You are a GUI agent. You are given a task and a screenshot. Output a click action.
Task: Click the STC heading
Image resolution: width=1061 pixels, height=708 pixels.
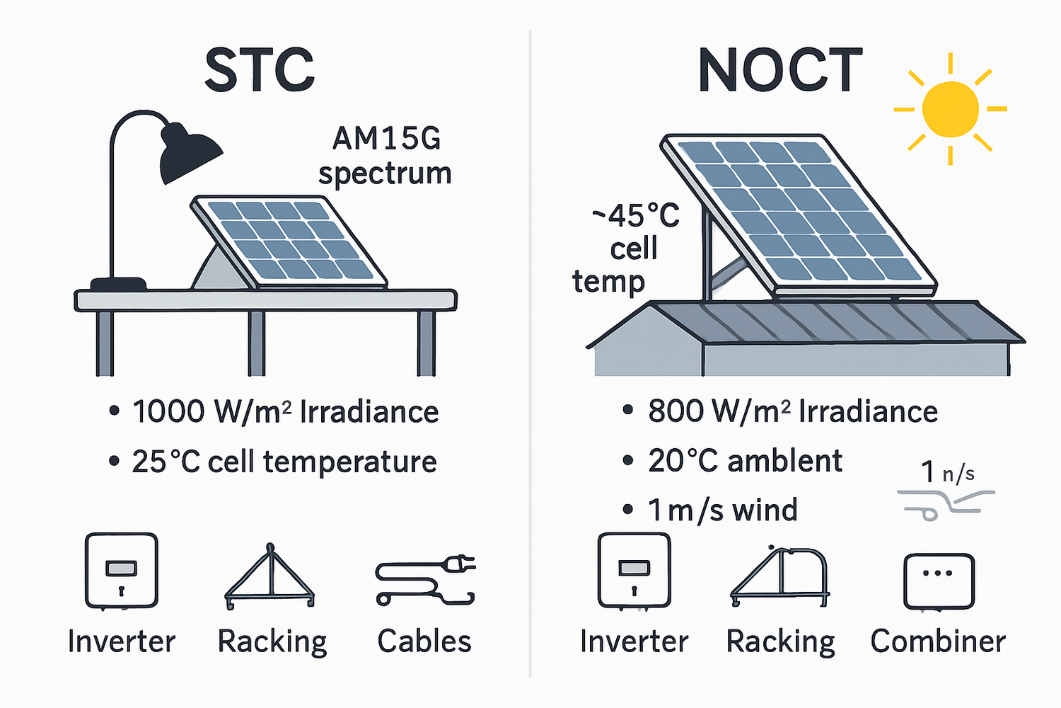(x=260, y=71)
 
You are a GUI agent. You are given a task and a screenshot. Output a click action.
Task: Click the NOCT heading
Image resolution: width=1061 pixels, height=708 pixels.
(x=780, y=71)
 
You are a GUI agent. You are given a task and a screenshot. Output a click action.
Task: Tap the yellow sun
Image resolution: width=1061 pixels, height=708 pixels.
(x=951, y=109)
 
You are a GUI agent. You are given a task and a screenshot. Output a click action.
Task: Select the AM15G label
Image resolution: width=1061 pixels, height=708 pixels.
(x=386, y=139)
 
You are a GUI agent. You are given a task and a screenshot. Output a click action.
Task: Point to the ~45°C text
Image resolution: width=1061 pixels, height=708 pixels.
(x=635, y=216)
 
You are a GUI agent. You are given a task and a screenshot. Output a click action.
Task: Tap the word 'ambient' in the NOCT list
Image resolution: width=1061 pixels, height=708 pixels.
(x=784, y=462)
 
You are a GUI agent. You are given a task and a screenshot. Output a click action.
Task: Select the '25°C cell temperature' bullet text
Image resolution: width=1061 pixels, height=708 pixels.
(x=284, y=462)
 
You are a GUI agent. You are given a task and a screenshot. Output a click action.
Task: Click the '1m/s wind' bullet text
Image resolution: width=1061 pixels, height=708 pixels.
(x=722, y=510)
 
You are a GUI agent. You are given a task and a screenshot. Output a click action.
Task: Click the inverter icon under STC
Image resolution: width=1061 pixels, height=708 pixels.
(x=121, y=571)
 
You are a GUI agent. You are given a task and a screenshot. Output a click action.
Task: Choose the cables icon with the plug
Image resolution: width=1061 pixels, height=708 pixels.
(x=424, y=581)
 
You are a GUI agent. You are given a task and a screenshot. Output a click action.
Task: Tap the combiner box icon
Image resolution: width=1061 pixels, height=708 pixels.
(x=939, y=581)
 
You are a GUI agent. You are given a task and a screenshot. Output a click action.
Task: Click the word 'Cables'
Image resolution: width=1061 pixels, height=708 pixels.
(x=424, y=641)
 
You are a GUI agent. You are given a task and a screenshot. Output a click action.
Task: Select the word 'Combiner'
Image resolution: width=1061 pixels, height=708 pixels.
(x=938, y=641)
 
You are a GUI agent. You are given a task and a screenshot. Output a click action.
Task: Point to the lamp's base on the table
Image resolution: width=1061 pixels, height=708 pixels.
(x=118, y=284)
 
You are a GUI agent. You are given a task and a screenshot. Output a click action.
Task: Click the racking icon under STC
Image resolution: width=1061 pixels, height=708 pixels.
(x=269, y=577)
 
